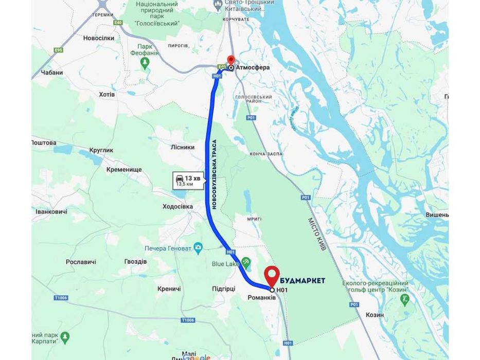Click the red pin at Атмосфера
(230, 60)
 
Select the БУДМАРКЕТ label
(303, 280)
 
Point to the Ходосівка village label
(177, 206)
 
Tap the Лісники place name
(182, 147)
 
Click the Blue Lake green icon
(246, 263)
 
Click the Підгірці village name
(223, 289)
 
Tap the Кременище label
(124, 169)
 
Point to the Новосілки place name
(98, 38)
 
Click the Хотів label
(106, 95)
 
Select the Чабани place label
(51, 73)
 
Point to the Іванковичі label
(51, 212)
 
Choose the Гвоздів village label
(135, 262)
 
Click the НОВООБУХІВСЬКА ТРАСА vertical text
(215, 174)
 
